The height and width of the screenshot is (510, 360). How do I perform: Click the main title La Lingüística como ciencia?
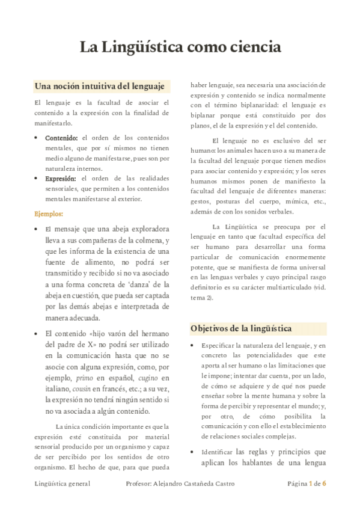(x=180, y=46)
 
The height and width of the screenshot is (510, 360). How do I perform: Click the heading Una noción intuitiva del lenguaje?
(x=100, y=85)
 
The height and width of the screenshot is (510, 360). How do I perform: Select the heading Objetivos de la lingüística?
(x=241, y=328)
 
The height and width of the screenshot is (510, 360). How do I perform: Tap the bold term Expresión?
(x=61, y=179)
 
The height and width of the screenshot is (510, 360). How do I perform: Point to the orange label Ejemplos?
(x=49, y=214)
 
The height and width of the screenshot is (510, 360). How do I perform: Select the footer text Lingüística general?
(x=63, y=483)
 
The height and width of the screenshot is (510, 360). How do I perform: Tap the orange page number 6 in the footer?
(x=324, y=483)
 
